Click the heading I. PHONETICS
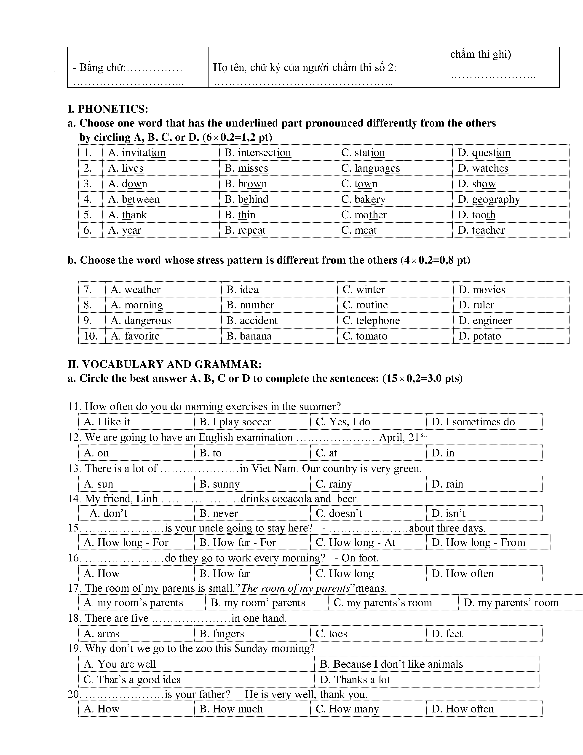tap(108, 109)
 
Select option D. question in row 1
tap(484, 152)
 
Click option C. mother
tap(364, 215)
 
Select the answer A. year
tap(125, 230)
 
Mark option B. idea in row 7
tap(242, 289)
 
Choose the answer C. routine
tap(365, 305)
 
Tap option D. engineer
tap(485, 321)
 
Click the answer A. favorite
tap(135, 336)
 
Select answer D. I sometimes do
tap(473, 422)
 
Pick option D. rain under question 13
tap(447, 484)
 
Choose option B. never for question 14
tap(219, 513)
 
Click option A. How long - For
tap(126, 542)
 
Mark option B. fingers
tap(222, 634)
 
